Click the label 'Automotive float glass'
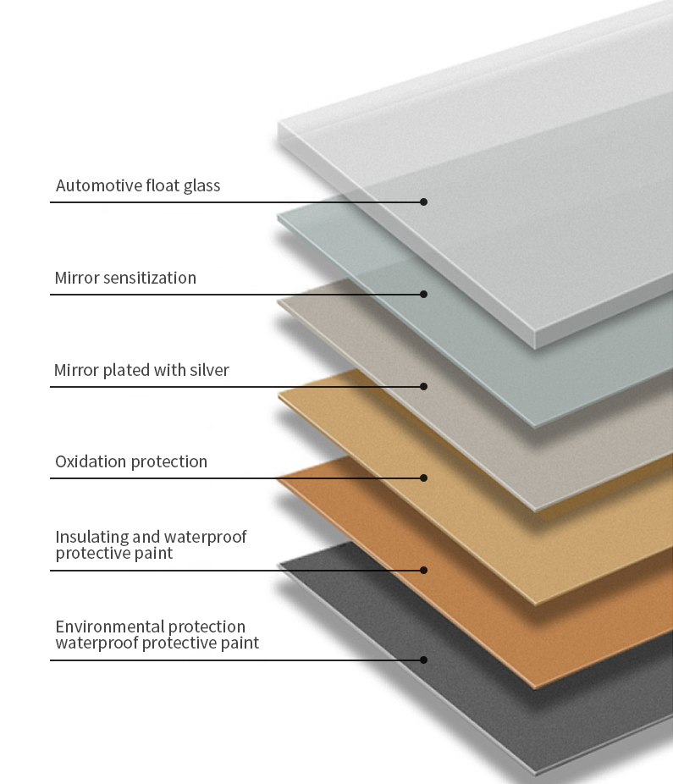point(138,185)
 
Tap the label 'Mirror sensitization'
point(125,278)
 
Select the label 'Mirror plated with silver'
point(141,370)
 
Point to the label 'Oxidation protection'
point(131,461)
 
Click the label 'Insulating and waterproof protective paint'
point(151,544)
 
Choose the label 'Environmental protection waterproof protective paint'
point(157,635)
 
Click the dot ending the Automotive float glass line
point(424,202)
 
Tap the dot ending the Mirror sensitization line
point(424,294)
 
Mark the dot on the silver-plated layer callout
point(424,386)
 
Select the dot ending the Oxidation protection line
point(424,478)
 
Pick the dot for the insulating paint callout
point(424,570)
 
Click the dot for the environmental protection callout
point(424,660)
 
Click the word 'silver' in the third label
point(208,370)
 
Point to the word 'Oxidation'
point(90,461)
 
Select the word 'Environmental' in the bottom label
point(109,627)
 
